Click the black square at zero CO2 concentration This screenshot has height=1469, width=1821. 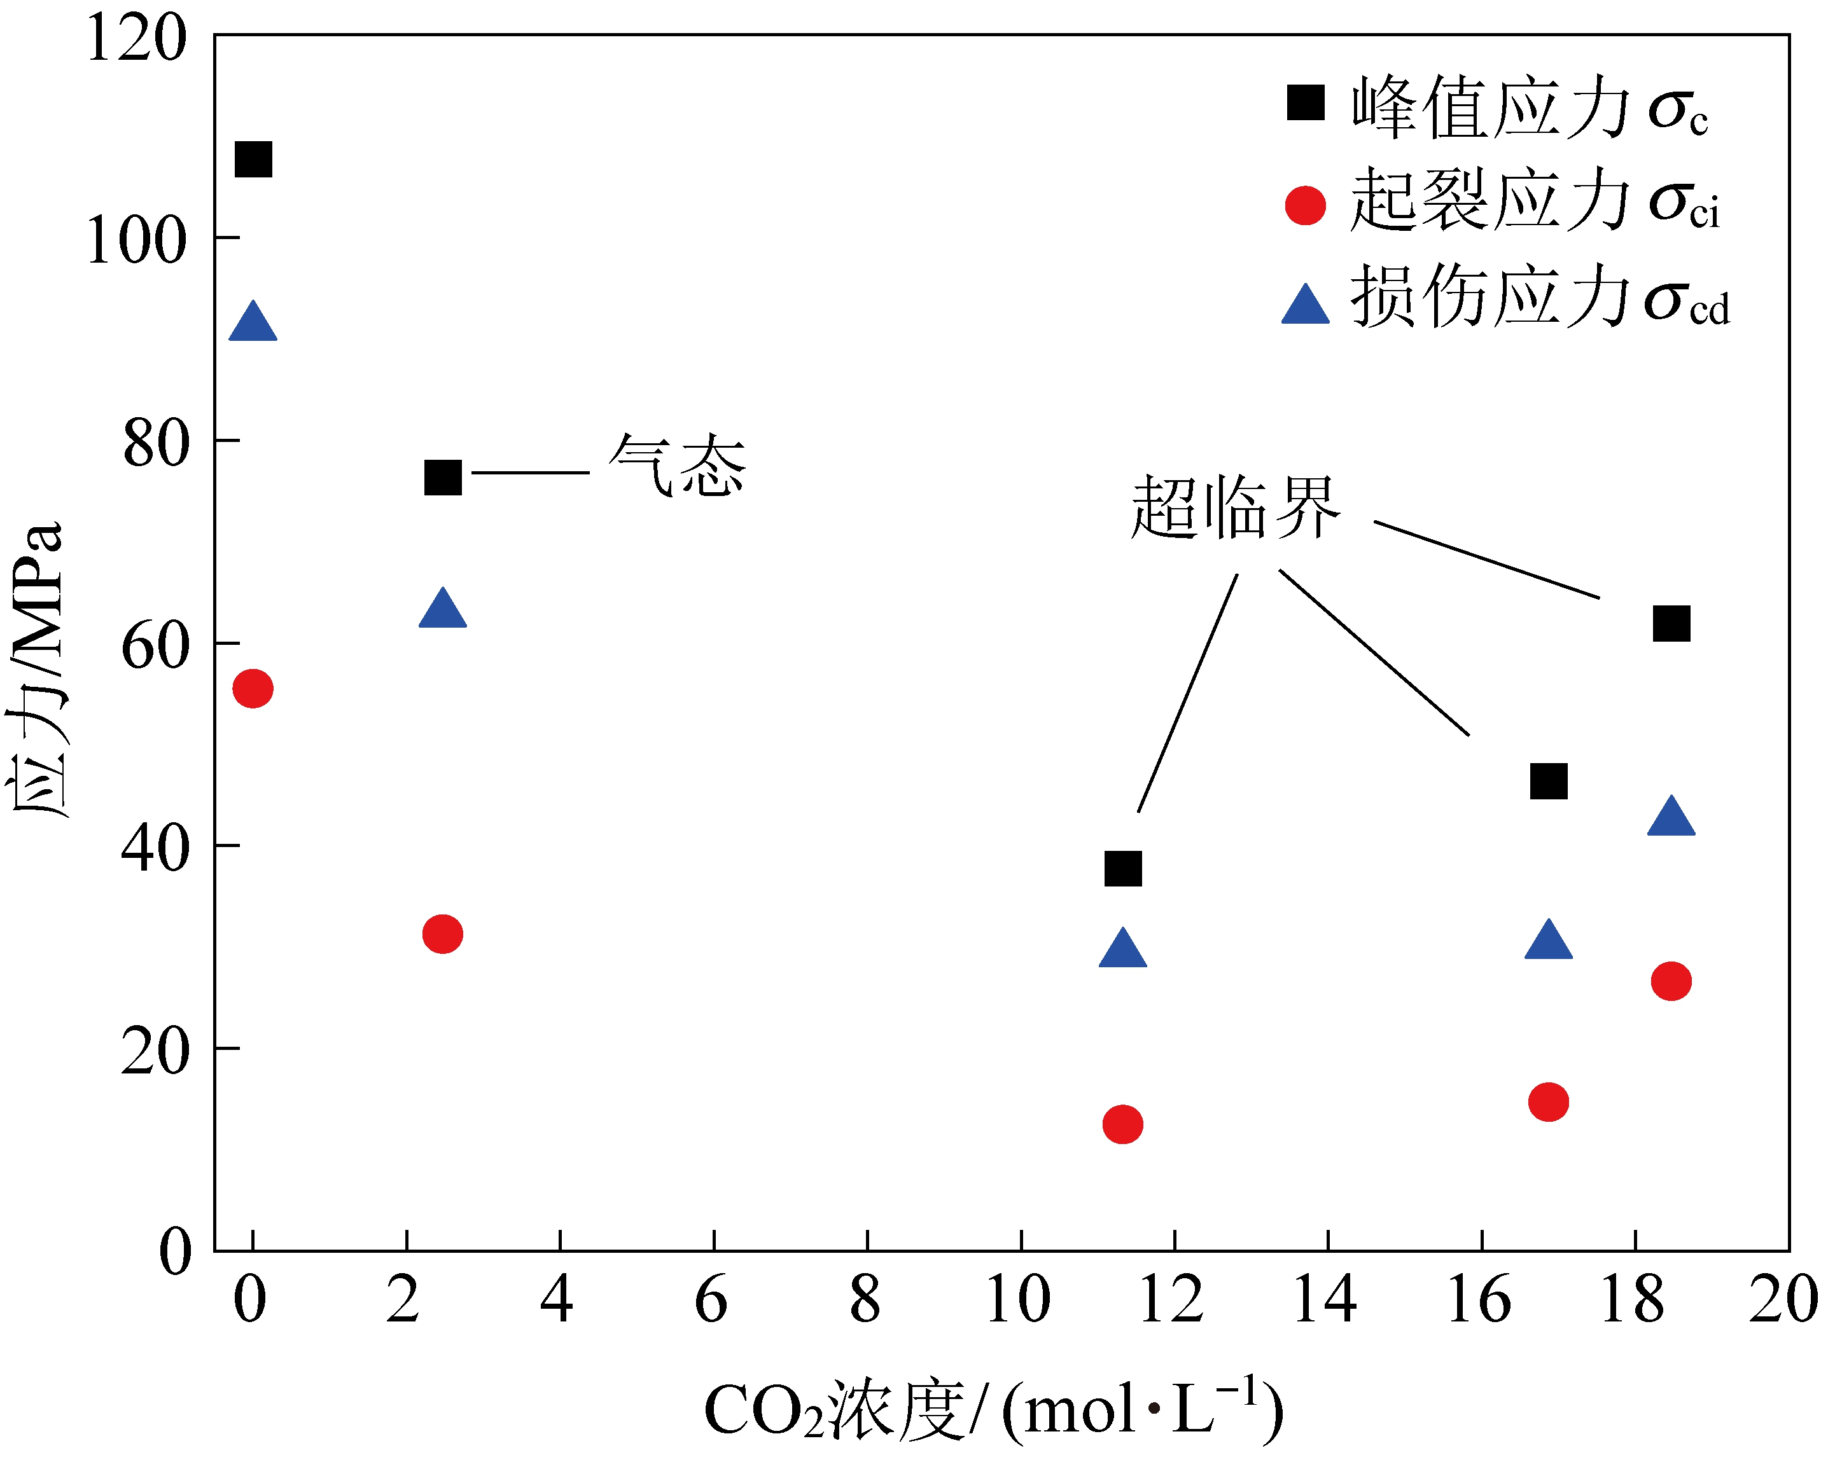(253, 159)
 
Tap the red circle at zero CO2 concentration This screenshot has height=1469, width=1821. (253, 689)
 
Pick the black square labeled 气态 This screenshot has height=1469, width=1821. (443, 478)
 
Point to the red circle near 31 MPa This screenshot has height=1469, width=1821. (443, 934)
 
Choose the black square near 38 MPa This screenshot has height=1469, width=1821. (1122, 868)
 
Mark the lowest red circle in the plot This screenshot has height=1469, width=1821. (1122, 1124)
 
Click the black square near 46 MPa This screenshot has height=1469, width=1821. (1549, 781)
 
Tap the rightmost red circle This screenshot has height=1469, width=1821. (1671, 982)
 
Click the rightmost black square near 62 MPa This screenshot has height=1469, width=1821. (1671, 624)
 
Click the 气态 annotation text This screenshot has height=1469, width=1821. (677, 466)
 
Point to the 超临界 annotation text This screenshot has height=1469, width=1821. (1236, 507)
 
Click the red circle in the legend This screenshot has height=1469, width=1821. (1306, 205)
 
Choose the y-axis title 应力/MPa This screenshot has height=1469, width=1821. (36, 668)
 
